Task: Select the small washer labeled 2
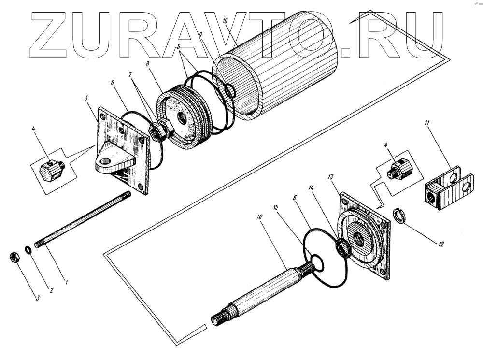tap(28, 250)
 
